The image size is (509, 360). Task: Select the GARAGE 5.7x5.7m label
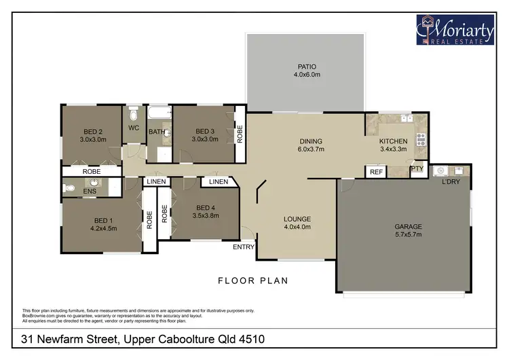click(x=409, y=230)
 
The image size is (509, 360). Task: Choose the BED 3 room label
click(x=204, y=135)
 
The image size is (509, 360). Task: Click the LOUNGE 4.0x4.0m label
click(x=297, y=223)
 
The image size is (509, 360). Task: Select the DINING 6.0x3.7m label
click(x=312, y=145)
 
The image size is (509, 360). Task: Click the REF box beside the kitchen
click(x=376, y=173)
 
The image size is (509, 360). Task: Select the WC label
click(x=134, y=127)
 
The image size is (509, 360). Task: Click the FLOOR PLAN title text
click(x=253, y=280)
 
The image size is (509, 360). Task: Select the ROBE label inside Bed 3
click(x=239, y=134)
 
